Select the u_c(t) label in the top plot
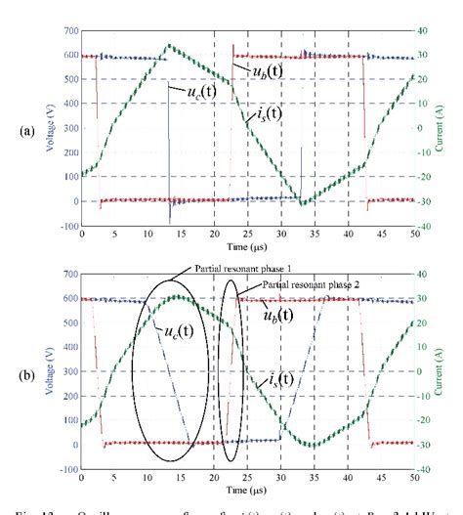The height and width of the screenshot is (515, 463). click(188, 93)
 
